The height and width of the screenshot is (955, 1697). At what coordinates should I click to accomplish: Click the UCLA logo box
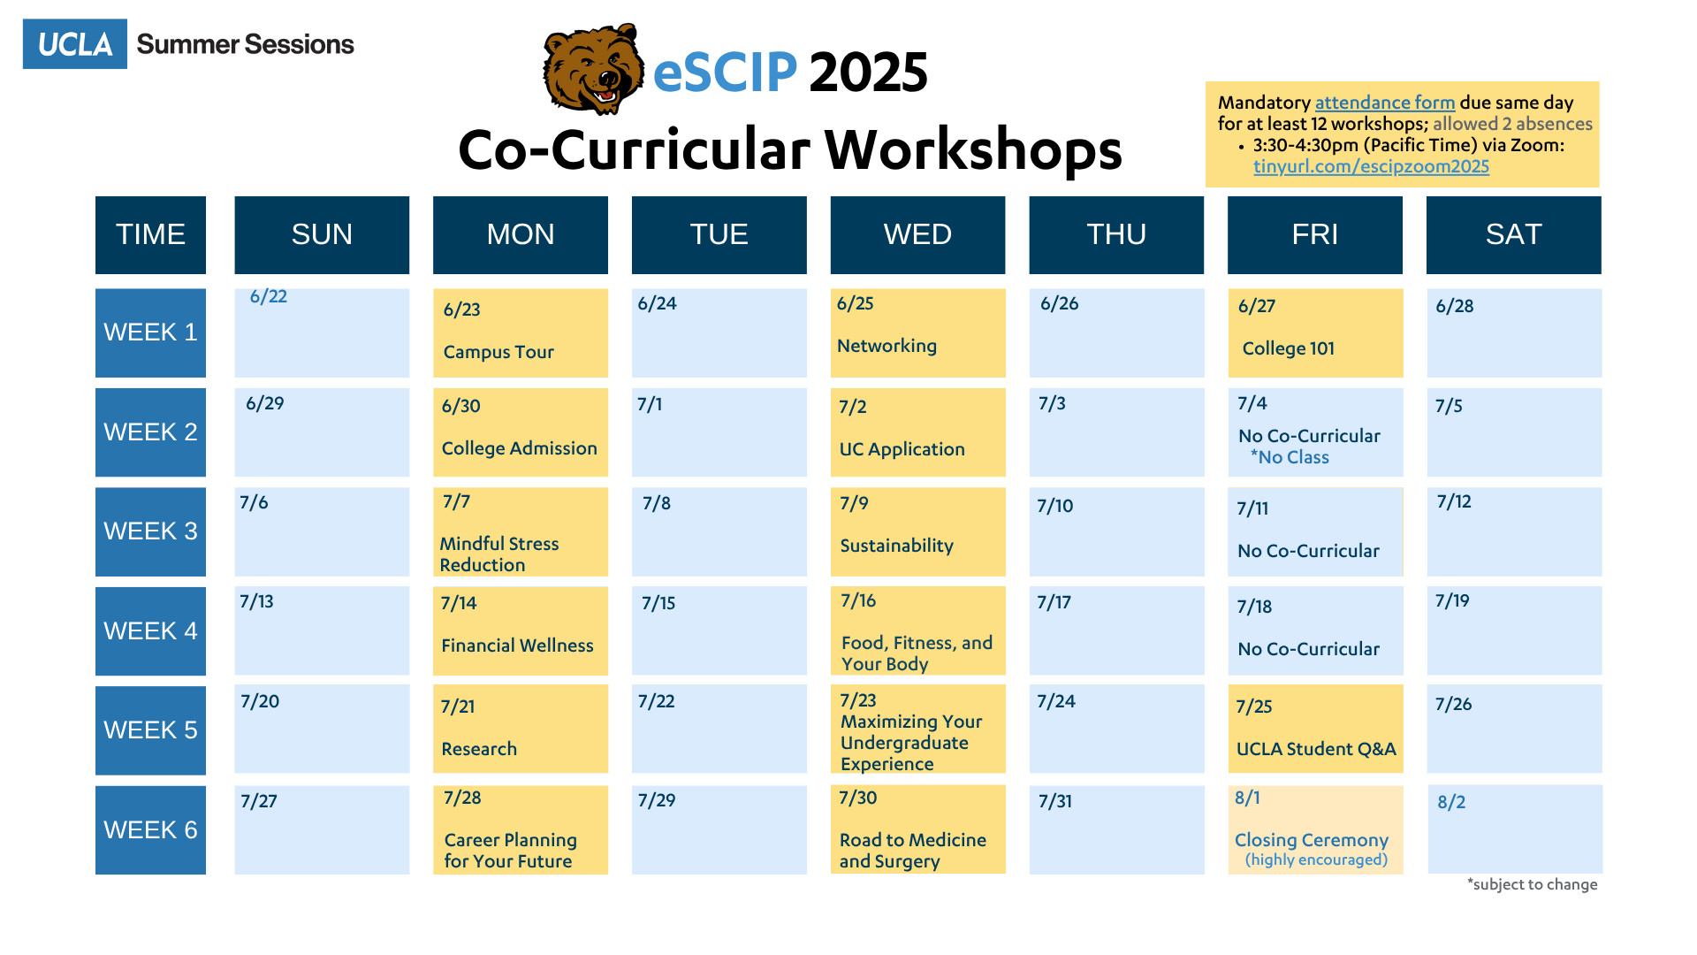(75, 44)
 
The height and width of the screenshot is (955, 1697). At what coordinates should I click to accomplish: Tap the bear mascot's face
(593, 69)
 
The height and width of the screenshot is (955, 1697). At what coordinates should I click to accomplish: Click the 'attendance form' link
(1385, 103)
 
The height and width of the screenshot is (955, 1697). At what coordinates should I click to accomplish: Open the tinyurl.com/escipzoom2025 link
(1371, 166)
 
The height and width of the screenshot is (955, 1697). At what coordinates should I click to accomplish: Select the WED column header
(917, 235)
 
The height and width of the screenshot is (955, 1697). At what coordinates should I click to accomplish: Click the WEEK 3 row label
(150, 531)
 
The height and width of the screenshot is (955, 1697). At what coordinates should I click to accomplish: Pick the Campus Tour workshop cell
(521, 333)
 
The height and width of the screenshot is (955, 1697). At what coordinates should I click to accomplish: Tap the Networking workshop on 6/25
(917, 333)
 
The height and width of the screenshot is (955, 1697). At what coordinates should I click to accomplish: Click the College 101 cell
(1315, 333)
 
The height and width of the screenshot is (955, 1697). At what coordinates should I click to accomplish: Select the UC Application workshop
(917, 432)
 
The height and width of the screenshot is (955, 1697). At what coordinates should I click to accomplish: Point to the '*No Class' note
(1290, 457)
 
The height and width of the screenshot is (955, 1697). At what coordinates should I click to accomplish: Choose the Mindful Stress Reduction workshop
(521, 531)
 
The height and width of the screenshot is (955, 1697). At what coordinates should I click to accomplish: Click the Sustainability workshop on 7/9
(917, 531)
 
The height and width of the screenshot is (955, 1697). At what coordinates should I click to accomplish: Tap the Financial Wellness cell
(521, 630)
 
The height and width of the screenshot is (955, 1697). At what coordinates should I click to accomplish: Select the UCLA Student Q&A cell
(1315, 729)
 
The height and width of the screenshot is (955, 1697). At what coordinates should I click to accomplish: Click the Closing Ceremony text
(1312, 840)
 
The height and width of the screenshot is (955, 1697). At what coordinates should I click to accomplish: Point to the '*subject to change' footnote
(1533, 884)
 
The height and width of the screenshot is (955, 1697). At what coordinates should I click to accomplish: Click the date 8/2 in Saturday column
(1451, 802)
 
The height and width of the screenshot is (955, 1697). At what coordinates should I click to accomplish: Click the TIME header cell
(150, 235)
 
